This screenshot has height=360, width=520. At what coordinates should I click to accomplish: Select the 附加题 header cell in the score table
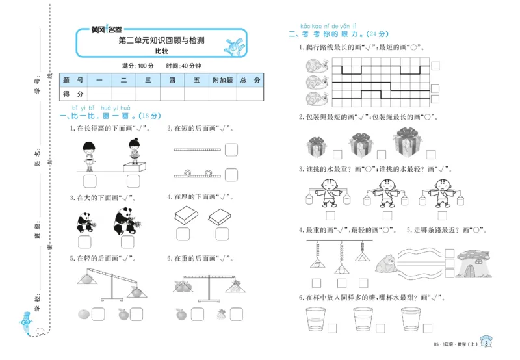pyautogui.click(x=222, y=80)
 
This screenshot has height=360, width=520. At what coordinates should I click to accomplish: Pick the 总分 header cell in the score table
pyautogui.click(x=250, y=80)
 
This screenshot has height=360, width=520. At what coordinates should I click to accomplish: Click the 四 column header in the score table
pyautogui.click(x=172, y=80)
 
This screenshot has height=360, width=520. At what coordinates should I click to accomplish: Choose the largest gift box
pyautogui.click(x=408, y=142)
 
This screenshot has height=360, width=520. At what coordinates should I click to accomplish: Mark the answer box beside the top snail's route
pyautogui.click(x=435, y=65)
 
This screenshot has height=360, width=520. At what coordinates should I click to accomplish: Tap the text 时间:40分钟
pyautogui.click(x=183, y=66)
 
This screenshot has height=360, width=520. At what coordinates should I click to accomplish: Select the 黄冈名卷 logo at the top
pyautogui.click(x=106, y=30)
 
